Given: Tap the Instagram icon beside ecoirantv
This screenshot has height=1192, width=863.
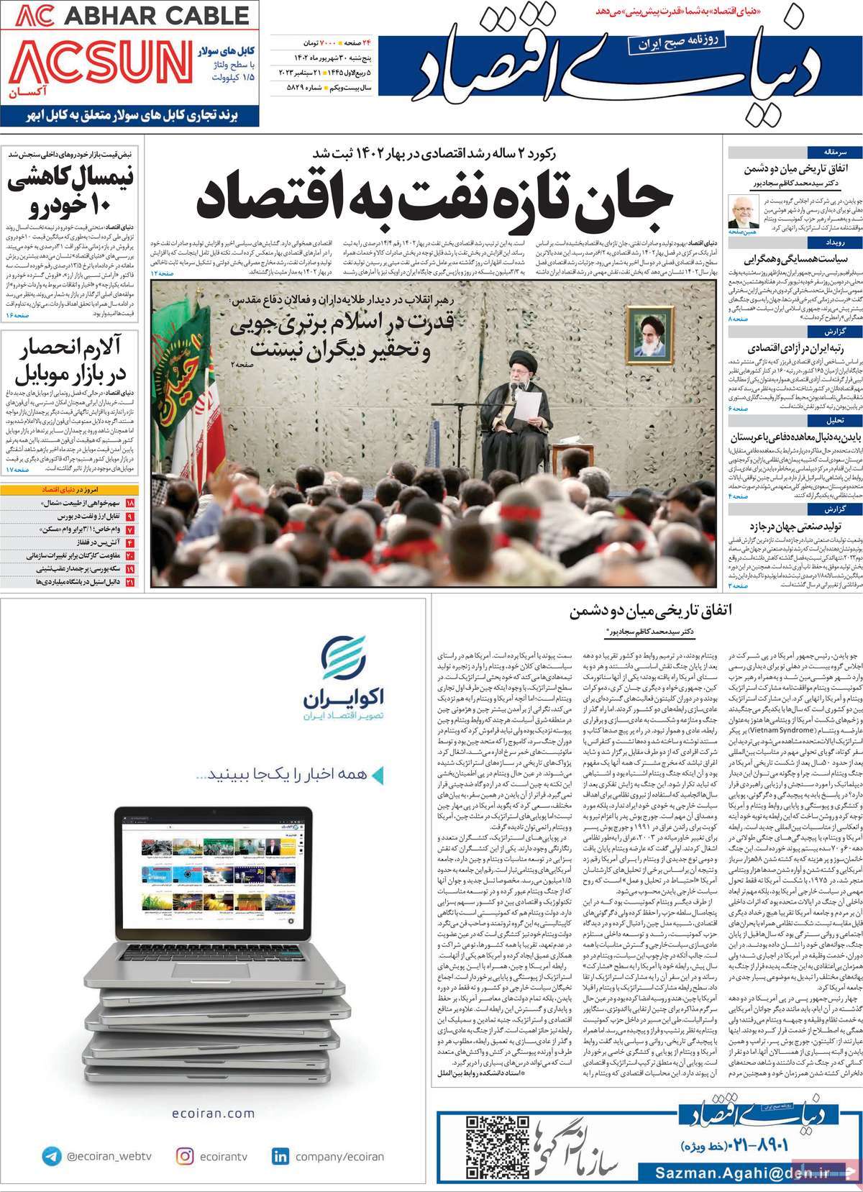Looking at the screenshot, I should pyautogui.click(x=185, y=1136).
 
